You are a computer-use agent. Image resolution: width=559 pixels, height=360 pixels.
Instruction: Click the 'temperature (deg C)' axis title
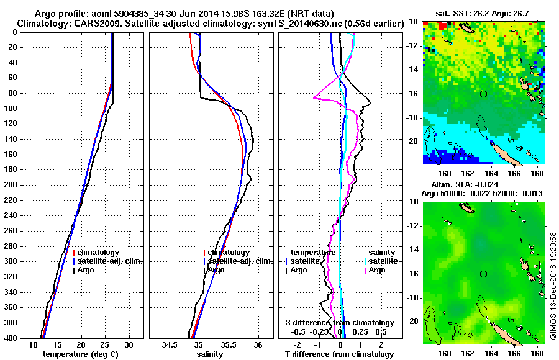(x=81, y=354)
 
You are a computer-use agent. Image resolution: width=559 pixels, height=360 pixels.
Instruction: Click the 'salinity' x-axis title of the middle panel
(x=211, y=354)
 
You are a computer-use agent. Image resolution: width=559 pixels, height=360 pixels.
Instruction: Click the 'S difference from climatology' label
(x=339, y=323)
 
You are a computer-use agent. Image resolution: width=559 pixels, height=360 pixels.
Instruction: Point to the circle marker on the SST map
(x=483, y=94)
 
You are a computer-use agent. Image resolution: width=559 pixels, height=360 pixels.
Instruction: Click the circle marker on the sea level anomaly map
(x=483, y=274)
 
